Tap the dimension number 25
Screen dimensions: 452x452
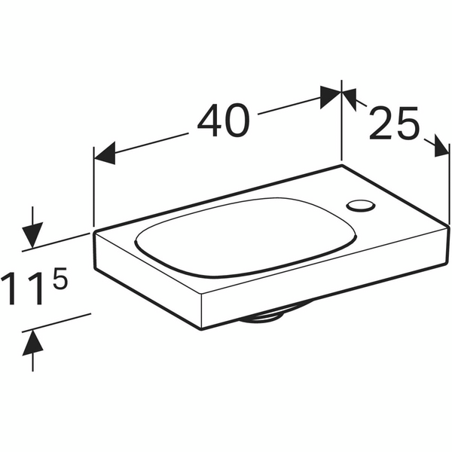tap(393, 124)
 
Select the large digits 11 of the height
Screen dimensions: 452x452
tap(23, 291)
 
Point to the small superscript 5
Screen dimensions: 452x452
tap(60, 280)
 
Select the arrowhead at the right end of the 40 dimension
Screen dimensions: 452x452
tap(330, 96)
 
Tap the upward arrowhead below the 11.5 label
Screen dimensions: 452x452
tap(32, 345)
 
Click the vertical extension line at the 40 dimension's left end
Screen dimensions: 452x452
tap(93, 188)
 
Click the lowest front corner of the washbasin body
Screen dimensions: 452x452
tap(205, 326)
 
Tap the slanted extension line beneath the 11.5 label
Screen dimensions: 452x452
tap(56, 322)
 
